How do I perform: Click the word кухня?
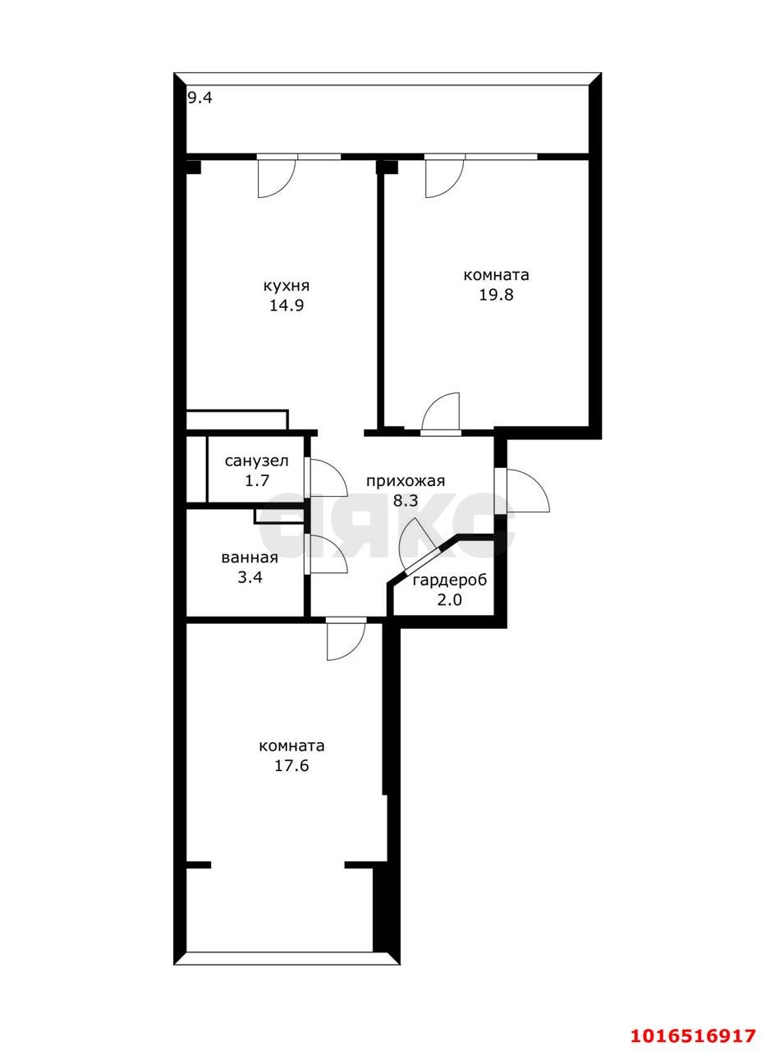287,287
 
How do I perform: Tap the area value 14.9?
287,306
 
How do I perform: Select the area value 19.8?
496,295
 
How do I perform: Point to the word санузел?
257,461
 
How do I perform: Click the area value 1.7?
257,481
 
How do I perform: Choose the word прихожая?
406,481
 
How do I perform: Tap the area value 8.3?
406,501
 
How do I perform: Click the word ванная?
250,558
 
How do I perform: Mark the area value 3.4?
250,577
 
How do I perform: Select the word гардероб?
450,581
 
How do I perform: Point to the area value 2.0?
450,599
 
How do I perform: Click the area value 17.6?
291,766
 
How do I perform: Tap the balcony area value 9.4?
199,99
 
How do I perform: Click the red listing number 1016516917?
694,1035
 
